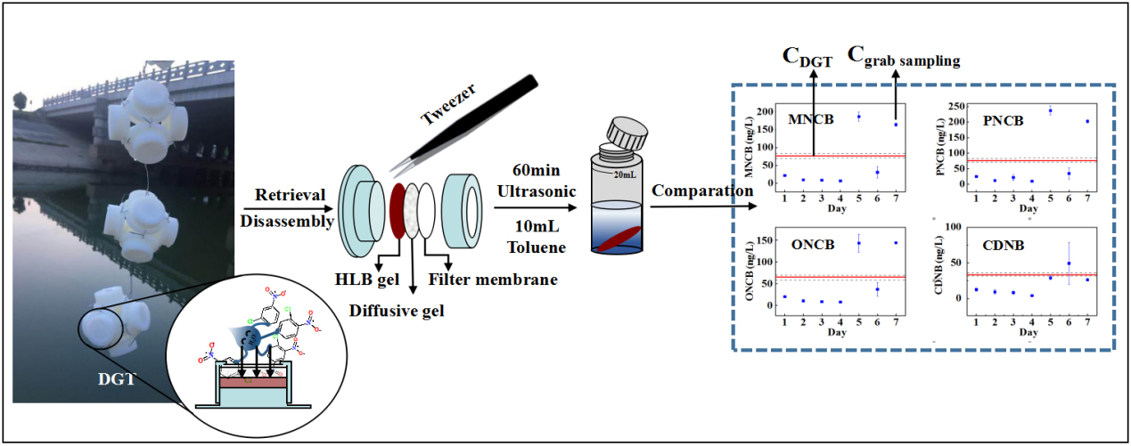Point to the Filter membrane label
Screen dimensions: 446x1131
[494, 280]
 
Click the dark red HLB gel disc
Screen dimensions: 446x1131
[398, 209]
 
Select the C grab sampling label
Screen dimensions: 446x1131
[903, 58]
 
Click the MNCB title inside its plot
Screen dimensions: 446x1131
[810, 119]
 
